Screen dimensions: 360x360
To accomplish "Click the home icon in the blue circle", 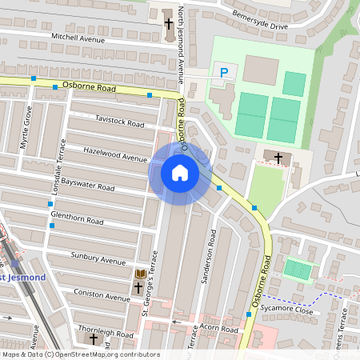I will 179,173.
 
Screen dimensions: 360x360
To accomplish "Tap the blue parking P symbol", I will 223,73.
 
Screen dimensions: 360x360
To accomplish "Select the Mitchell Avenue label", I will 78,38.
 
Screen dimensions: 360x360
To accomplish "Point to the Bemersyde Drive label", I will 259,20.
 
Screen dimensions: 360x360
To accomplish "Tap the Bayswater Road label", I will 88,184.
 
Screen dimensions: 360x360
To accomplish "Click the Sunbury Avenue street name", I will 99,260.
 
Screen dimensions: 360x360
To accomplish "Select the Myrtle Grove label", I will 28,127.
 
